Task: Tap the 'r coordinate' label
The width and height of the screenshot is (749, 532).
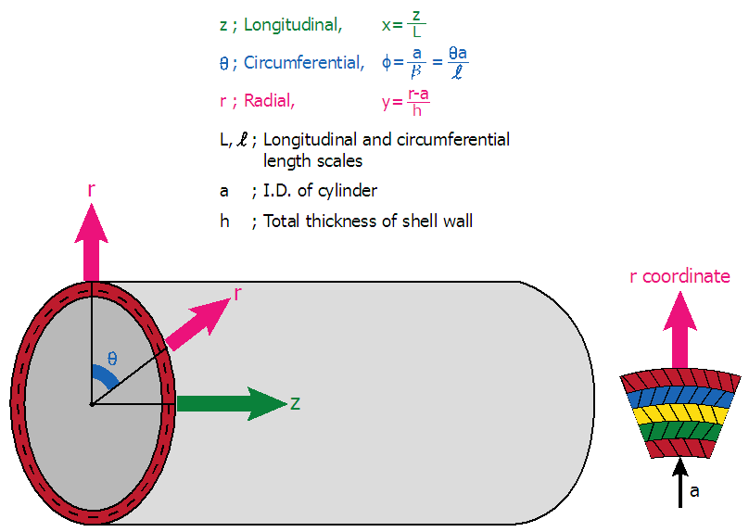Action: tap(679, 276)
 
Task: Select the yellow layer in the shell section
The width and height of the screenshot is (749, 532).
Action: tap(681, 412)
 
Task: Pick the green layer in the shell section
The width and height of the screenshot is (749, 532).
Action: tap(681, 429)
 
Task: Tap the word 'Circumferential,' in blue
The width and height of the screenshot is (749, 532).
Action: tap(304, 63)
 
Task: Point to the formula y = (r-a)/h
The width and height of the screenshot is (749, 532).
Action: tap(405, 100)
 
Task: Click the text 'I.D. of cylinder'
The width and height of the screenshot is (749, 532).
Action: tap(320, 191)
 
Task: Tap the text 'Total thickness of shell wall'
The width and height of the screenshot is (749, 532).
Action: tap(368, 221)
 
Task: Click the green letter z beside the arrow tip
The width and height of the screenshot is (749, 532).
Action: tap(295, 403)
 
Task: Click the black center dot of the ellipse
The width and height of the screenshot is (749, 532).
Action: tap(91, 404)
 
